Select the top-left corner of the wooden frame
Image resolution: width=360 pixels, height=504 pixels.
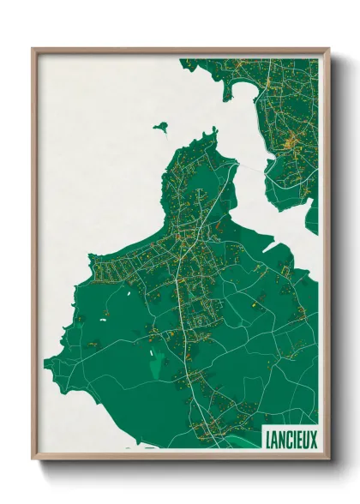pos(33,50)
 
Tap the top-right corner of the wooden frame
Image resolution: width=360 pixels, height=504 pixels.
pos(328,50)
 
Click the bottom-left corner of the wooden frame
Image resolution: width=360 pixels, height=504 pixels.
pos(33,459)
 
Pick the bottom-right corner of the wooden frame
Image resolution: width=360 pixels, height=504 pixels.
pos(328,459)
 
